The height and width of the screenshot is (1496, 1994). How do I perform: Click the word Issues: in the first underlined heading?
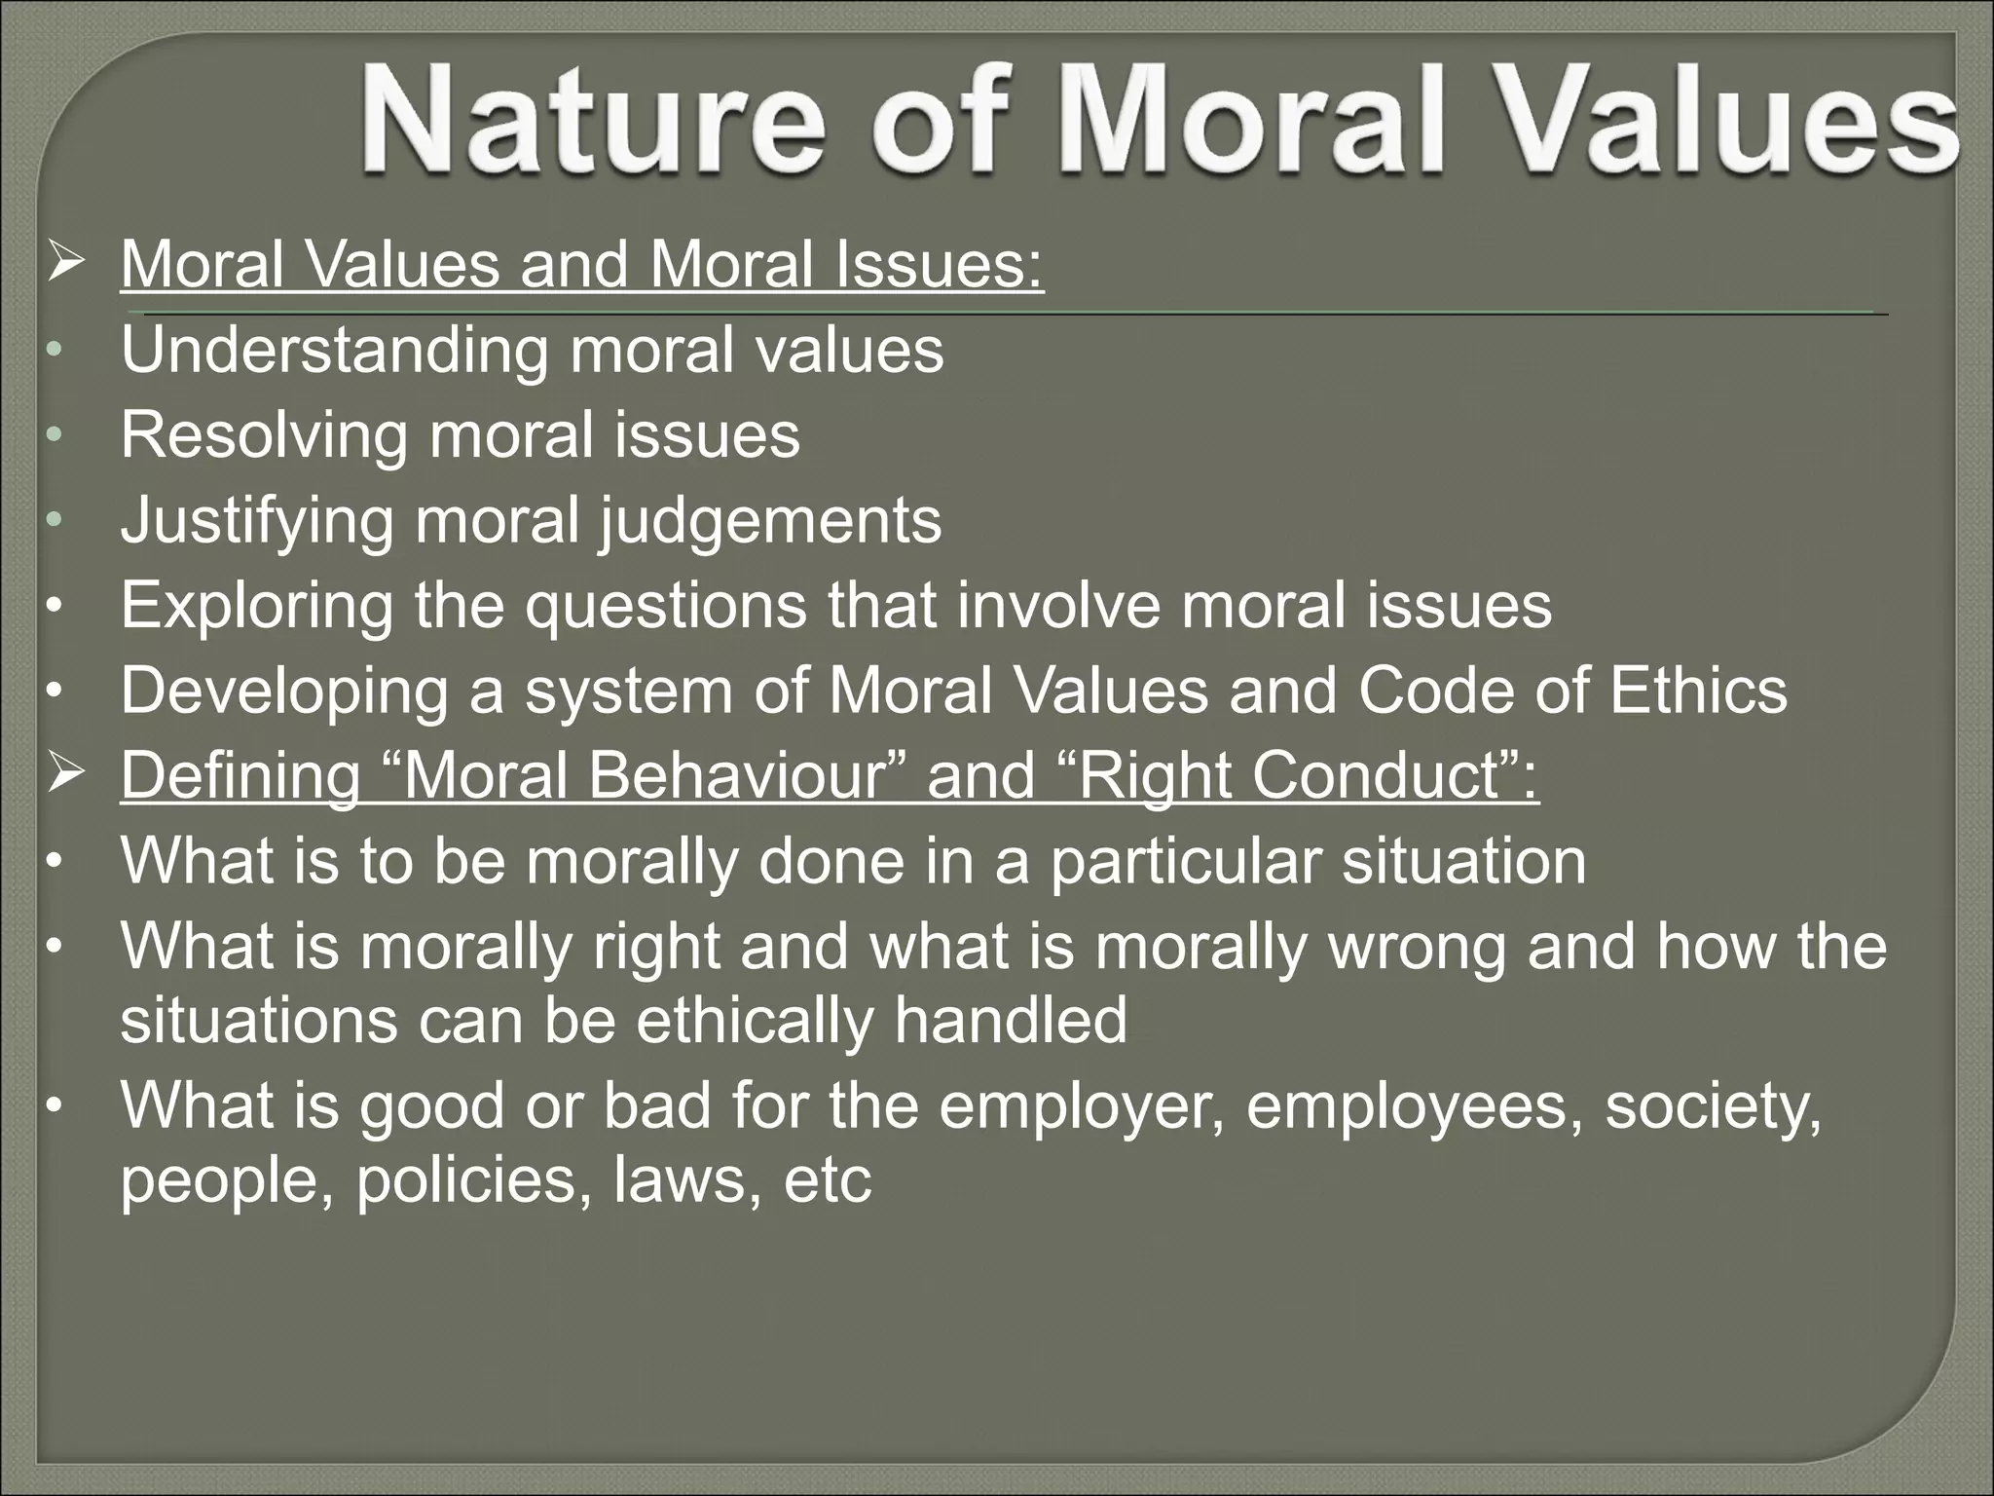939,265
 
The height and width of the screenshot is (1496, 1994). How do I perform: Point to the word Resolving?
264,434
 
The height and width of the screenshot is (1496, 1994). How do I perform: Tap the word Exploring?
257,605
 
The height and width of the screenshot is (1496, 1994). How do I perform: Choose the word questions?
666,605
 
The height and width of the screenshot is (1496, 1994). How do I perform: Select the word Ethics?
1698,690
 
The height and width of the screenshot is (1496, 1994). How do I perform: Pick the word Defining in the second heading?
240,775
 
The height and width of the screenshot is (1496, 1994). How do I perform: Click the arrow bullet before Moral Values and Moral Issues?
64,264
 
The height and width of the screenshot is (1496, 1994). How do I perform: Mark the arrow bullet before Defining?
64,774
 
